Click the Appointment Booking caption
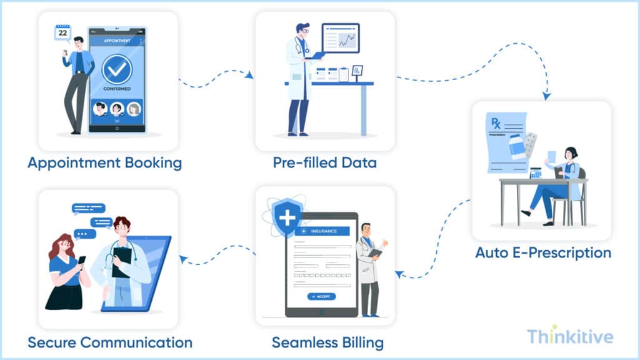point(104,163)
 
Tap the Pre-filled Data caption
point(324,163)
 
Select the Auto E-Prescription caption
point(542,252)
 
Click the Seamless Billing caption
point(327,342)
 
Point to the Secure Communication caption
point(110,342)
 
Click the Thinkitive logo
point(569,336)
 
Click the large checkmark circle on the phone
point(117,70)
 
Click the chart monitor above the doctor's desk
point(341,38)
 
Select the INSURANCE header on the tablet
point(323,231)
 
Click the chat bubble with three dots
point(84,234)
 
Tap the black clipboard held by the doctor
point(121,262)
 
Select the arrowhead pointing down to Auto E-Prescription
point(547,96)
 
